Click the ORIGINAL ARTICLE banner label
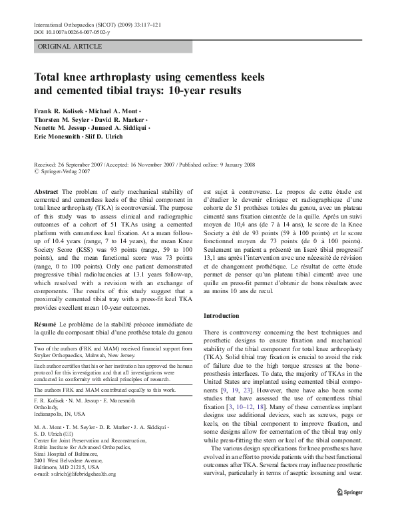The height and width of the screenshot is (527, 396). pos(71,47)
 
